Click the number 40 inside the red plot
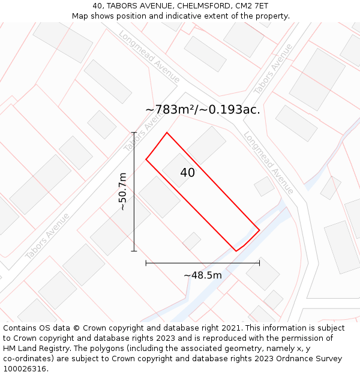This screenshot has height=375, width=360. pyautogui.click(x=187, y=173)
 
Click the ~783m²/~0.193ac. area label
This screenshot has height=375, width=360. pyautogui.click(x=203, y=110)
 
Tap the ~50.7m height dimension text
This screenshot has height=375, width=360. pyautogui.click(x=122, y=191)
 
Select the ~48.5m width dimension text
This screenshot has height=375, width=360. pyautogui.click(x=203, y=275)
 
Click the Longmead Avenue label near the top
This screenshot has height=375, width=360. pyautogui.click(x=150, y=56)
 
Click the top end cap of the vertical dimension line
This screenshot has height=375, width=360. pyautogui.click(x=134, y=132)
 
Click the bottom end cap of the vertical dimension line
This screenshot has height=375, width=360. pyautogui.click(x=134, y=251)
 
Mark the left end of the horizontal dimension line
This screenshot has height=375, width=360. pyautogui.click(x=146, y=263)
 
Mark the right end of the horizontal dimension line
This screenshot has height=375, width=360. pyautogui.click(x=259, y=263)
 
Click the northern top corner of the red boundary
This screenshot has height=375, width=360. pyautogui.click(x=167, y=133)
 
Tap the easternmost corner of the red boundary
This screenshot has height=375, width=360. pyautogui.click(x=259, y=229)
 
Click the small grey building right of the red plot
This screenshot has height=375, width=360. pyautogui.click(x=264, y=186)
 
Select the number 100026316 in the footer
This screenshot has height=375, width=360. pyautogui.click(x=25, y=369)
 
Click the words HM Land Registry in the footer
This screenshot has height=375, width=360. pyautogui.click(x=33, y=349)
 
